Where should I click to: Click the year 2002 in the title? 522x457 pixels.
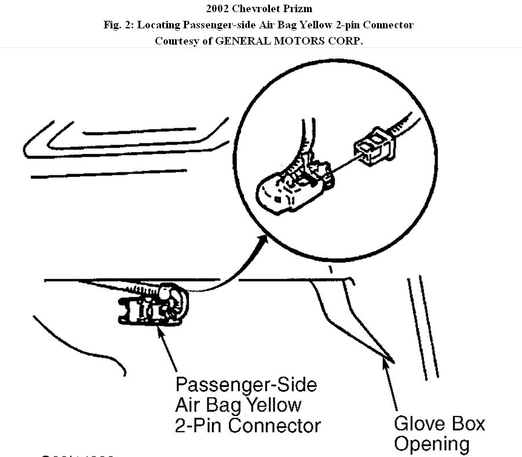click(x=217, y=9)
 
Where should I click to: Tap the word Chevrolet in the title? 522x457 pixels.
click(x=257, y=9)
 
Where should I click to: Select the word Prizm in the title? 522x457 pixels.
click(x=301, y=9)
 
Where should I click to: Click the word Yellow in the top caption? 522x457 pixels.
click(x=305, y=25)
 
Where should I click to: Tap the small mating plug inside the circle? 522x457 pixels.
click(x=375, y=146)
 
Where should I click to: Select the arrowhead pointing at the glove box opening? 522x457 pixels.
click(x=384, y=363)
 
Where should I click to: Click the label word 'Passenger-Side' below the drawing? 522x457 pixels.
click(x=246, y=385)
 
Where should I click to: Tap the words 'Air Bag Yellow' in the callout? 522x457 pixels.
click(x=238, y=406)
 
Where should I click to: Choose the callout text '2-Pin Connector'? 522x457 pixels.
click(x=247, y=426)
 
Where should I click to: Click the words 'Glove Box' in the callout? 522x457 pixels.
click(x=439, y=423)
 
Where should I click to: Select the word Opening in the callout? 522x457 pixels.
click(x=432, y=444)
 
